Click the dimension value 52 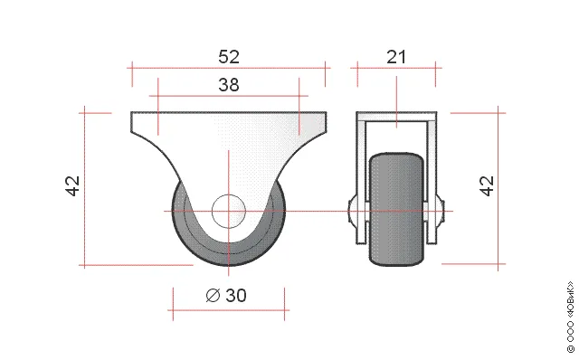(229, 57)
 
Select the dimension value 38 (229, 85)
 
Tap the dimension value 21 (396, 57)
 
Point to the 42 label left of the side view (72, 185)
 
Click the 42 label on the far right (487, 185)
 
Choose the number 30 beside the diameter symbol (235, 296)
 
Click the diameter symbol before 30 (213, 296)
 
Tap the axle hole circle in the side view (229, 211)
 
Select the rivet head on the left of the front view (352, 211)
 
